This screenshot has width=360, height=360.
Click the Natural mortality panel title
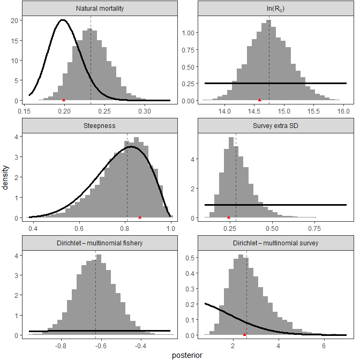(97, 9)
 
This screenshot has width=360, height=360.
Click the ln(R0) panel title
(268, 9)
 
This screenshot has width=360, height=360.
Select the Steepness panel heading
(97, 126)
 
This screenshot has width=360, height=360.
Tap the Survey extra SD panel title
(268, 126)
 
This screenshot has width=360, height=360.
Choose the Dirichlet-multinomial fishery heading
(97, 243)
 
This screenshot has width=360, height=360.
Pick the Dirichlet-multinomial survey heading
(268, 243)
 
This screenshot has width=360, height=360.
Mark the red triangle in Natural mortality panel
(64, 100)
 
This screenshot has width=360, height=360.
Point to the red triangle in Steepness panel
(140, 217)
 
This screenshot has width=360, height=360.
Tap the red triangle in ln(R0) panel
(260, 100)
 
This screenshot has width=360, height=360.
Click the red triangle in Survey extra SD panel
(229, 217)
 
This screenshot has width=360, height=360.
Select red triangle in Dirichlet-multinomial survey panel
(244, 334)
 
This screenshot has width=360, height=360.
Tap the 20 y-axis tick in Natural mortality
(16, 20)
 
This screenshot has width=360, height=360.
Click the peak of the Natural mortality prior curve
(63, 20)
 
